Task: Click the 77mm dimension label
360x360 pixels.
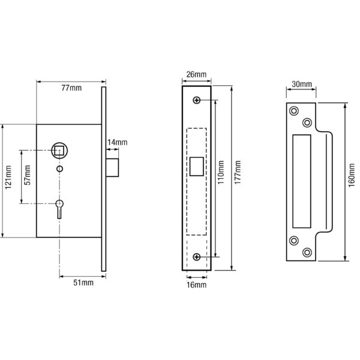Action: click(x=72, y=89)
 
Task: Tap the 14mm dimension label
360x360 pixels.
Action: click(x=116, y=142)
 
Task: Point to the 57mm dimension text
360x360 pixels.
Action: click(x=28, y=178)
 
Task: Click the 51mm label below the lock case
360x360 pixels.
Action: click(x=83, y=282)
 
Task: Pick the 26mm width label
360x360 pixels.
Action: click(x=196, y=74)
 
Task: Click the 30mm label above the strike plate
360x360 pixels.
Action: click(x=302, y=85)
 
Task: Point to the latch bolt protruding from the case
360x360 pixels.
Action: click(x=113, y=167)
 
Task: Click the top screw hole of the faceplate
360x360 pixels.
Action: click(x=197, y=100)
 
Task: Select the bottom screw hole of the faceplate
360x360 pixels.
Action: click(x=197, y=257)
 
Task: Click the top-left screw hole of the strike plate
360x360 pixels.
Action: click(x=294, y=110)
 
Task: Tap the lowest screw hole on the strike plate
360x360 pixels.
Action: click(x=307, y=253)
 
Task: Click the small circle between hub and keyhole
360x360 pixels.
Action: click(x=59, y=170)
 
